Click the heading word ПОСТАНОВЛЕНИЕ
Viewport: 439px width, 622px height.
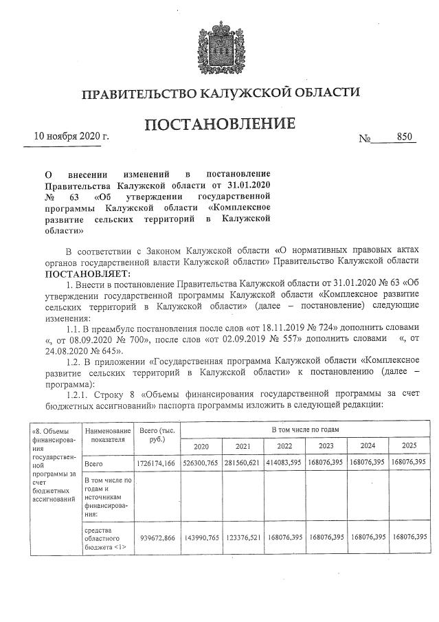point(219,124)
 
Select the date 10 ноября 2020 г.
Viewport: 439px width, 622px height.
point(71,136)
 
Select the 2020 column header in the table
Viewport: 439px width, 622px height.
point(201,445)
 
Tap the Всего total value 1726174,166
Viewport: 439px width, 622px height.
point(157,464)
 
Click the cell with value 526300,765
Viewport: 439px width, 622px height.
point(201,464)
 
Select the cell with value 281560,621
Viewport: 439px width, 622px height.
point(243,464)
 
